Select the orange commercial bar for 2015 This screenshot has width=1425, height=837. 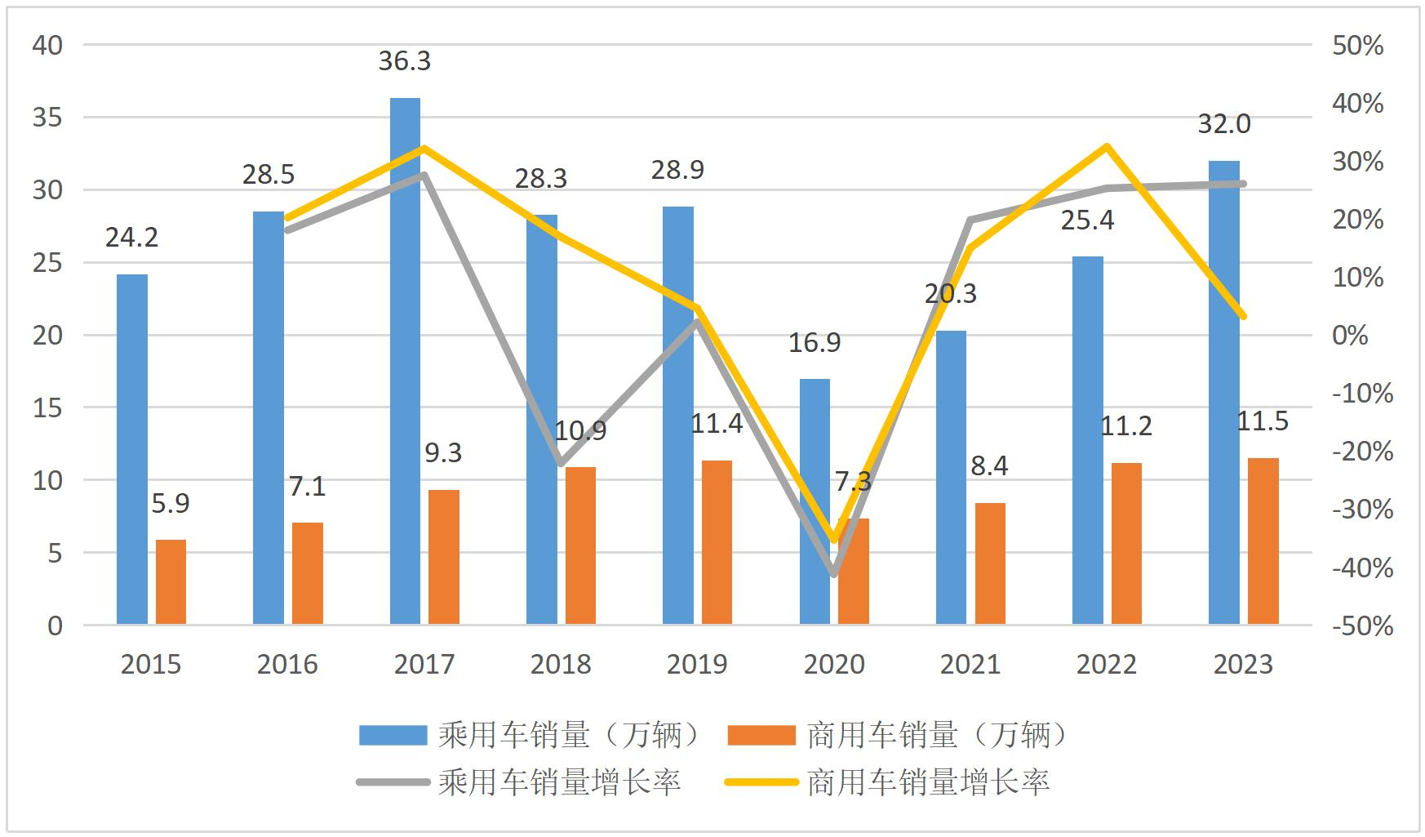point(171,581)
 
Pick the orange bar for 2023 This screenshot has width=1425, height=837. point(1263,541)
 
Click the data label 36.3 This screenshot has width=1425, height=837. point(404,61)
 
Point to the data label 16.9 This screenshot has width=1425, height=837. point(814,343)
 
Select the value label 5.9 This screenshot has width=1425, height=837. point(171,504)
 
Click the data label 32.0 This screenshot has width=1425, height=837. point(1223,124)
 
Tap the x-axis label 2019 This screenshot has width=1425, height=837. point(696,664)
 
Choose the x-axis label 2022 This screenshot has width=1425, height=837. point(1106,664)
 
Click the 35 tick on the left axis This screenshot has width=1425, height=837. point(47,118)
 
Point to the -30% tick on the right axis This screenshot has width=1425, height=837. point(1362,510)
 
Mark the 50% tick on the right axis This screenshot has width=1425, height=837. point(1357,46)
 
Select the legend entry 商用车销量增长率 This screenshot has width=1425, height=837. point(927,782)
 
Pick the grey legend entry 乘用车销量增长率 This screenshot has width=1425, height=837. point(558,782)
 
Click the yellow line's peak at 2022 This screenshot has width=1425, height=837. point(1107,147)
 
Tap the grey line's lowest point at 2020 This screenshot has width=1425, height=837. point(833,574)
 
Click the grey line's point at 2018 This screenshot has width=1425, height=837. point(561,463)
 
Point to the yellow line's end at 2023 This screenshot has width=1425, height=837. point(1243,316)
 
